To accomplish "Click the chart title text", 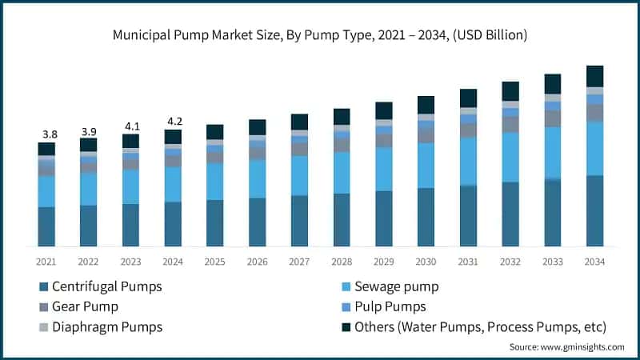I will (x=320, y=35).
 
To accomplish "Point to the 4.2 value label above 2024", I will (x=173, y=122).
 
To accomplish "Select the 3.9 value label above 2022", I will (x=88, y=130).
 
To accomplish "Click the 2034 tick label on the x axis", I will (x=594, y=262).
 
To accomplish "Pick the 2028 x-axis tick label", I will (x=341, y=262).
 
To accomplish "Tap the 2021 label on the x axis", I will (x=46, y=262).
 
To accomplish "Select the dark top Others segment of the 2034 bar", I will (x=594, y=76).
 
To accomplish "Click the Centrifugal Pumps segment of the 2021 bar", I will (x=46, y=226).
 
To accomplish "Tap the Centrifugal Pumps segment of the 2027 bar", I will (x=299, y=221).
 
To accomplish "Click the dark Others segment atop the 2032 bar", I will (x=510, y=91).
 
